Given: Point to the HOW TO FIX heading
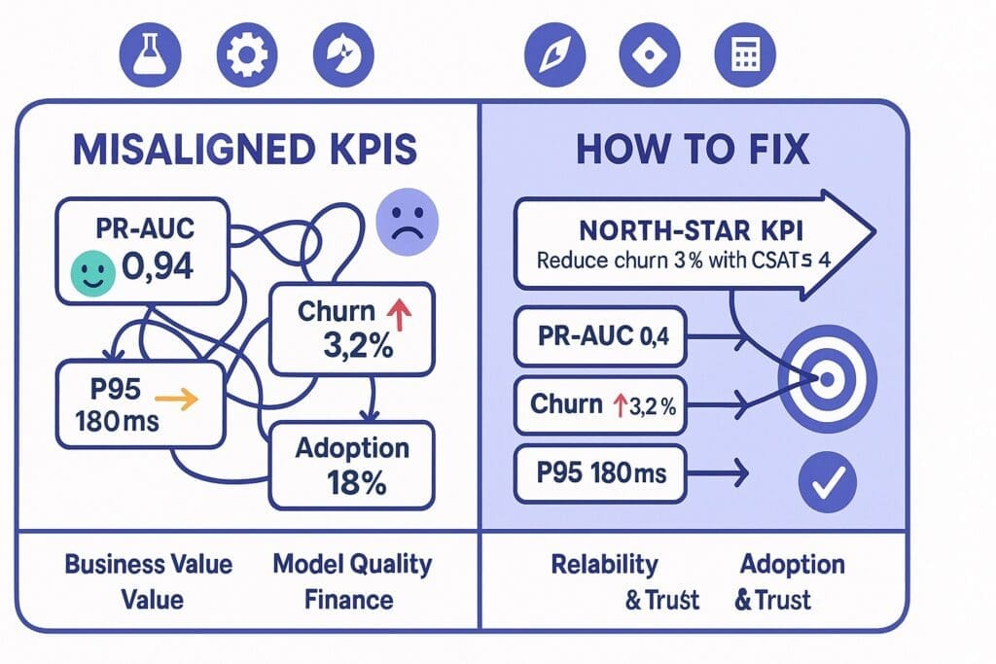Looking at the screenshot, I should [x=694, y=151].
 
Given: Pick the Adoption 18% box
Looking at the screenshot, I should [x=351, y=464].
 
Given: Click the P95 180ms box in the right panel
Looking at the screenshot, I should [x=599, y=473].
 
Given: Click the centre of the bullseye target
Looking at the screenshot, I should [x=827, y=379].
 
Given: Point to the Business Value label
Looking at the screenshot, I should [x=149, y=564].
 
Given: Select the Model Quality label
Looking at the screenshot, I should [x=352, y=564].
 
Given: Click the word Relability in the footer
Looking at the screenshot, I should [x=604, y=564].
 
